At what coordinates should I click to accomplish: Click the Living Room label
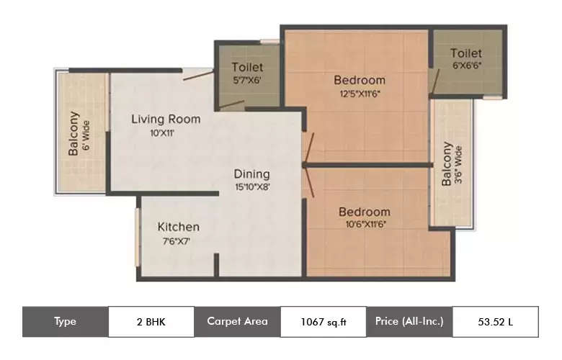pyautogui.click(x=165, y=119)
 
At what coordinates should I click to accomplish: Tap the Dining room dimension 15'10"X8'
pyautogui.click(x=251, y=187)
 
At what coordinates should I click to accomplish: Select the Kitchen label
pyautogui.click(x=179, y=227)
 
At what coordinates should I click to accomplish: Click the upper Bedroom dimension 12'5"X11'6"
pyautogui.click(x=360, y=93)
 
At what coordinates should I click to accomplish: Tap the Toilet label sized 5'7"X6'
pyautogui.click(x=247, y=68)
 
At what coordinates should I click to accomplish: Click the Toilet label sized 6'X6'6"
pyautogui.click(x=465, y=53)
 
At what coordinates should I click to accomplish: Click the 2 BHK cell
pyautogui.click(x=151, y=322)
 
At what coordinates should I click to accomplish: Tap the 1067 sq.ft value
pyautogui.click(x=323, y=322)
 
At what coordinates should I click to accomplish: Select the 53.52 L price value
pyautogui.click(x=495, y=322)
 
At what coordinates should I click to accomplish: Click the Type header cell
pyautogui.click(x=65, y=322)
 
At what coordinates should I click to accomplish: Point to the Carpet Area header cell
pyautogui.click(x=237, y=322)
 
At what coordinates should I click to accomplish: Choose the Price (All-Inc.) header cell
pyautogui.click(x=409, y=322)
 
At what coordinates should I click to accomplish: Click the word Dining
pyautogui.click(x=251, y=174)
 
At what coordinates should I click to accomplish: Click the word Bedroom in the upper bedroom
pyautogui.click(x=360, y=80)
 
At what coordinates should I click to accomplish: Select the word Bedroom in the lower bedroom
pyautogui.click(x=364, y=212)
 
